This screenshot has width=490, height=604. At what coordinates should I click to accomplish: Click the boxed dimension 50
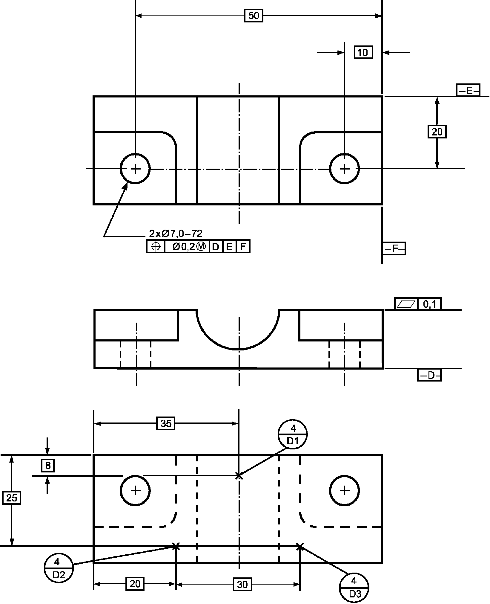click(x=254, y=16)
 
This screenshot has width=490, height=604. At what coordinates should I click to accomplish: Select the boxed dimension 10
click(x=363, y=53)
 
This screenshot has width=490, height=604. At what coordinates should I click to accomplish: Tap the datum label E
click(x=468, y=90)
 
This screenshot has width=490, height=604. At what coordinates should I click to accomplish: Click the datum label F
click(x=394, y=248)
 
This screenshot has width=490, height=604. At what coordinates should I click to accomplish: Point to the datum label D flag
click(x=429, y=375)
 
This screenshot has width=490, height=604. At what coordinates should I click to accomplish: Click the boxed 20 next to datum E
click(x=437, y=132)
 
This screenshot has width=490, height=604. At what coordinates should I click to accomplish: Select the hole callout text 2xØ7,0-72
click(x=176, y=233)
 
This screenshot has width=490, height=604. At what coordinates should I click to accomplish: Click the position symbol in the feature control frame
click(x=156, y=246)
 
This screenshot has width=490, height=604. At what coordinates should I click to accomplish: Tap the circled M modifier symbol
click(x=202, y=247)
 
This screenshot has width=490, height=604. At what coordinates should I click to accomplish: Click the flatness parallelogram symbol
click(x=406, y=304)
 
